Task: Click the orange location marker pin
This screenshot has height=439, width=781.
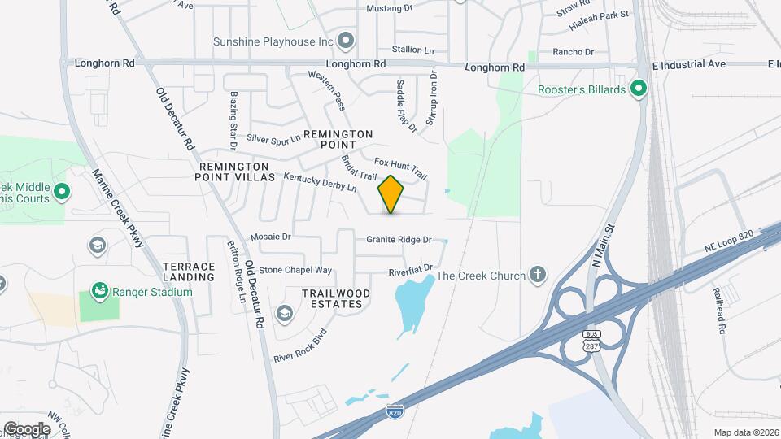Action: tap(391, 194)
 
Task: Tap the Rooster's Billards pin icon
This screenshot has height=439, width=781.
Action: tap(639, 89)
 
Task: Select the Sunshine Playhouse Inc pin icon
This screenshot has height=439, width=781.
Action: tap(347, 41)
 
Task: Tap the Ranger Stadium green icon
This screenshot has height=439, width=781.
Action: tap(98, 290)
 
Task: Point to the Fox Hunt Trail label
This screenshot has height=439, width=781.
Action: tap(401, 167)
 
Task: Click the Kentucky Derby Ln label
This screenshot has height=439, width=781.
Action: tap(320, 182)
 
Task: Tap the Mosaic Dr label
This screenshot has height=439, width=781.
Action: tap(270, 237)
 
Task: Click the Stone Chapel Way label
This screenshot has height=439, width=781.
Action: tap(295, 270)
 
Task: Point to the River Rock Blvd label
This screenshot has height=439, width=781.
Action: tap(300, 346)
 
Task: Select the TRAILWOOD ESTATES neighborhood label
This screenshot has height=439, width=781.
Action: tap(336, 298)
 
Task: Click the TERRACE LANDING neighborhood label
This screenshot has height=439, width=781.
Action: tap(189, 272)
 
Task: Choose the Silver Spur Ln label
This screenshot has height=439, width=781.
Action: tap(273, 139)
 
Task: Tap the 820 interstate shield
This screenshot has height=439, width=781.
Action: tap(395, 412)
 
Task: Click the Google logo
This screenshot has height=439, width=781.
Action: tap(27, 428)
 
